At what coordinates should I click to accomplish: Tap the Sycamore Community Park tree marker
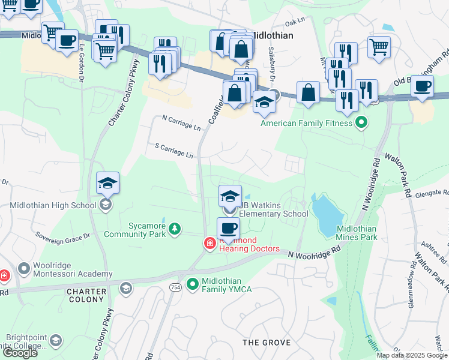pos(174,228)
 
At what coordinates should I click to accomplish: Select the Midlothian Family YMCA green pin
pos(193,283)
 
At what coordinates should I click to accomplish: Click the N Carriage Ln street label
pos(181,123)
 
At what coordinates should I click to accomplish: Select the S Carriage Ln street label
pos(173,150)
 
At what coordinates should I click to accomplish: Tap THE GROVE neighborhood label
pos(267,343)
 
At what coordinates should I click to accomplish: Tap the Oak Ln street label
pos(295,23)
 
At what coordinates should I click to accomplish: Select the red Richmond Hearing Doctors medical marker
pos(209,244)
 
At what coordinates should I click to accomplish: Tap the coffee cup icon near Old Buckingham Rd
pos(423,86)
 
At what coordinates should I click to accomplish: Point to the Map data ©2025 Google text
pos(411,355)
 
